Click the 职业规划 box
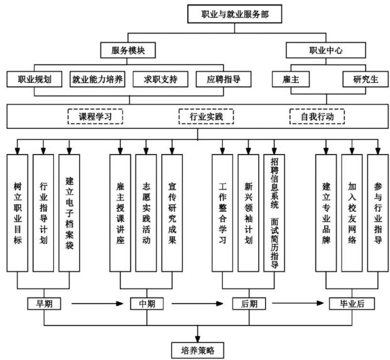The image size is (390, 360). (34, 79)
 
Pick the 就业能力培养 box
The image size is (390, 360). (97, 79)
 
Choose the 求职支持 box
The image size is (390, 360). (160, 79)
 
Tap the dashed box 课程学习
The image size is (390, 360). (95, 116)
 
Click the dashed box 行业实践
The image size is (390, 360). (206, 116)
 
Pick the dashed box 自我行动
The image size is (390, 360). (317, 116)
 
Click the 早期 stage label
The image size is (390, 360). (44, 303)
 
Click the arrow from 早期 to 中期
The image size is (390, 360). (94, 303)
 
